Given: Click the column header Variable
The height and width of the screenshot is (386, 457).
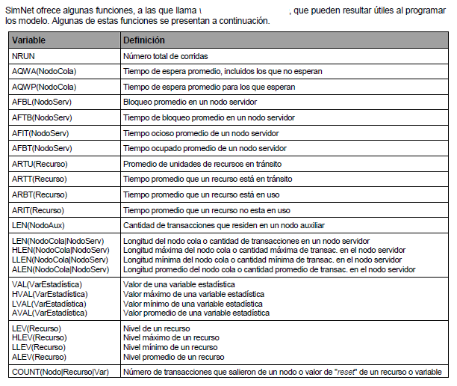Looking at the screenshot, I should click(x=30, y=40).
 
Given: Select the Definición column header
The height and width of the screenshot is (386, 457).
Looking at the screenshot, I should click(x=144, y=40).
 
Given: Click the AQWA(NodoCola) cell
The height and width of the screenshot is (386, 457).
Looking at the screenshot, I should click(x=45, y=72).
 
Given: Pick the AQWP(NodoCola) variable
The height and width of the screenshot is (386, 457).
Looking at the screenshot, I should click(x=45, y=87).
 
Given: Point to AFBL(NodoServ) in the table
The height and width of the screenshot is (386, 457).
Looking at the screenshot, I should click(x=43, y=102).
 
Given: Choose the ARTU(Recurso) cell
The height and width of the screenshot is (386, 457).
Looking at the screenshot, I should click(x=42, y=164).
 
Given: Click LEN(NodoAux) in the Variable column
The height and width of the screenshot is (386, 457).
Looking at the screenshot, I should click(x=40, y=224).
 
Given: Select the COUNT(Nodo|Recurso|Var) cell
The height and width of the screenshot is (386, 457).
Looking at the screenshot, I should click(x=61, y=372).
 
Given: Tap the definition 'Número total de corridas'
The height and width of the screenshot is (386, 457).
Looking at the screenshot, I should click(x=166, y=57).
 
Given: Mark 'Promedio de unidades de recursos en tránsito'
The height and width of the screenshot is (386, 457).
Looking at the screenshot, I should click(x=199, y=164).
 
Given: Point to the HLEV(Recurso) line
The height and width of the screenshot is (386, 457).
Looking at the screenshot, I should click(x=40, y=338).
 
